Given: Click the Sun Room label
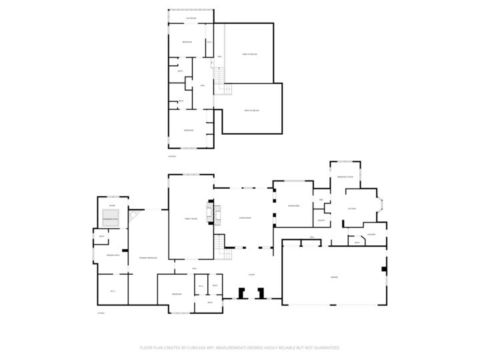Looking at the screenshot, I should coord(191,18).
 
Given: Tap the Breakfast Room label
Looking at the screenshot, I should coord(345,177).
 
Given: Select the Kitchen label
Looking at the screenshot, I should coord(352,209).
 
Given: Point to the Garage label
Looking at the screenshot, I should coord(333,277).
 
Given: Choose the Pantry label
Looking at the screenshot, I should coord(321,221).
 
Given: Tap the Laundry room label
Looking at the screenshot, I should coord(371,234).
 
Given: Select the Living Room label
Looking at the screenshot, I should coord(245,218).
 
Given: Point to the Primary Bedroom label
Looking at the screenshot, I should coord(148,257).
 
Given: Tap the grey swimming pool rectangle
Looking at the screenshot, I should coord(110,218).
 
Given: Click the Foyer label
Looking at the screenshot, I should coord(252,274).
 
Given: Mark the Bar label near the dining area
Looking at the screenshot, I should coord(321,200).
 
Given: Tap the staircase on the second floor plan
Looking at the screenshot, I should coord(221,83).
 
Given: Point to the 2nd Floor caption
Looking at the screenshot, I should coord(172,156).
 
